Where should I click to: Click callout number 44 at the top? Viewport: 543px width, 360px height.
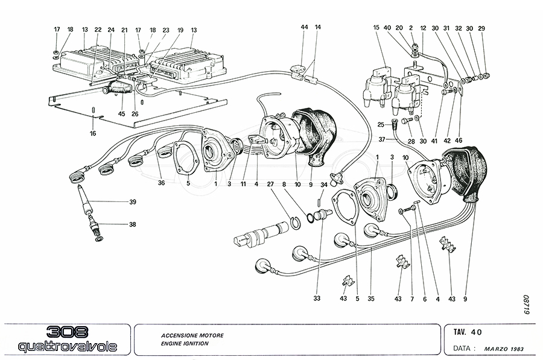[x=304, y=28]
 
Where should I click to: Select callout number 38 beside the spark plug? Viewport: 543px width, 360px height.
[x=132, y=225]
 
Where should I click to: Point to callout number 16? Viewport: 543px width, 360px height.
[x=94, y=133]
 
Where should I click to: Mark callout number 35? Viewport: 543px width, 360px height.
[x=371, y=298]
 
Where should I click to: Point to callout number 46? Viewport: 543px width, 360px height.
[x=460, y=140]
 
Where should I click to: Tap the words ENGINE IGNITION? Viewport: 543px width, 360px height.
[x=185, y=343]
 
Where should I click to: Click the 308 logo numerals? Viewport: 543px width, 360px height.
[x=68, y=332]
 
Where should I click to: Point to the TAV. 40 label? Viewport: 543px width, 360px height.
[x=468, y=331]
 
